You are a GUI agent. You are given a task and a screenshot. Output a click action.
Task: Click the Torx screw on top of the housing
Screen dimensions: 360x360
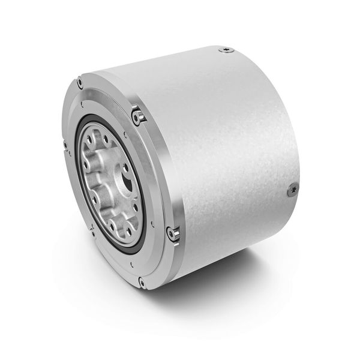pos(226,50)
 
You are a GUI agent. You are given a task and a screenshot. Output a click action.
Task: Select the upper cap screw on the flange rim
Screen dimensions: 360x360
pos(138,114)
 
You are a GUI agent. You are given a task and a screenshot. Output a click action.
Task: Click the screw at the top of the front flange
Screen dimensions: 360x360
pos(80,82)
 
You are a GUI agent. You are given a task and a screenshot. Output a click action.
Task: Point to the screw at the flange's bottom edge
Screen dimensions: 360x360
pos(141,281)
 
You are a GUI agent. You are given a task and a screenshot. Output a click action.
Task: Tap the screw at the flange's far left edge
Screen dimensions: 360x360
pos(64,144)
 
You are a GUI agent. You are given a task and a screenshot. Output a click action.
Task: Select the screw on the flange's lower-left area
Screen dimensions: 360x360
pos(92,228)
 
